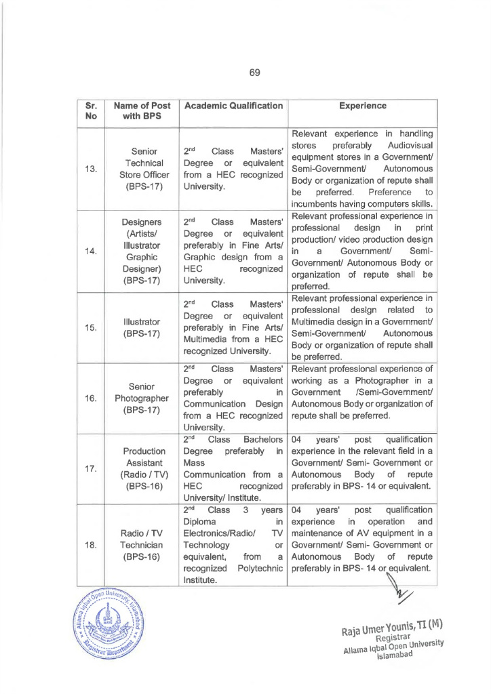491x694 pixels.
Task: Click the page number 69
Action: pyautogui.click(x=255, y=73)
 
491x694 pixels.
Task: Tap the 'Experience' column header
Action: pyautogui.click(x=363, y=106)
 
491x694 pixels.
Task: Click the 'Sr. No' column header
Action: pyautogui.click(x=92, y=111)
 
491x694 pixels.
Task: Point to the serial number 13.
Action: pyautogui.click(x=91, y=169)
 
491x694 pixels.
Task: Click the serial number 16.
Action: pyautogui.click(x=91, y=398)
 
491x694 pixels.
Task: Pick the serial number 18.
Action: pyautogui.click(x=91, y=539)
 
